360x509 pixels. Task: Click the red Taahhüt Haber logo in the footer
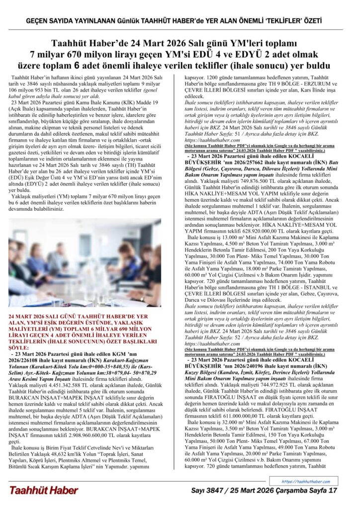[43, 490]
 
